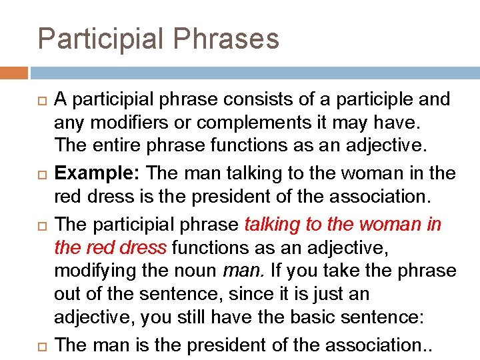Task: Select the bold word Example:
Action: tap(97, 173)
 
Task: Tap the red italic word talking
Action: tap(272, 223)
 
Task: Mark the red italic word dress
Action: tap(147, 247)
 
